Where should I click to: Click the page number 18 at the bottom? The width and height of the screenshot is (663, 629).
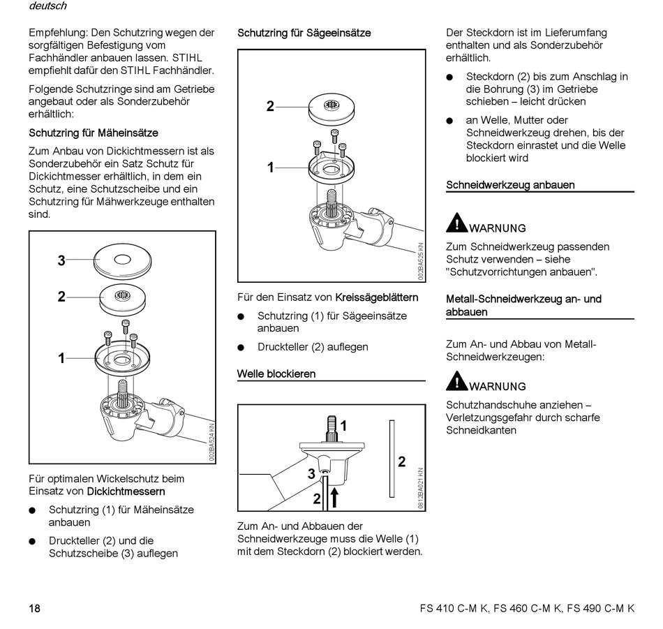coord(34,608)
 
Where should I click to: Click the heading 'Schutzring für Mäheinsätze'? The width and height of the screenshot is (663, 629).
coord(94,133)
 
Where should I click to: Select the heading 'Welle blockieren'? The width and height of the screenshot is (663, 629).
coord(276,374)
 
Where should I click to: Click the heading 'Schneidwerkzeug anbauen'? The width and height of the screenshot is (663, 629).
coord(510,185)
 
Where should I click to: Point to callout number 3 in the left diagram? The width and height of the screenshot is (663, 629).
coord(61,261)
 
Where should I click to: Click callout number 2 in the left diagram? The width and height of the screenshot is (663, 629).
coord(61,297)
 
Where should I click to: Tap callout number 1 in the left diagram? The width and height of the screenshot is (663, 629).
coord(61,358)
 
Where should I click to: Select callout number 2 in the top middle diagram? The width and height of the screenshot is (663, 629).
coord(270,107)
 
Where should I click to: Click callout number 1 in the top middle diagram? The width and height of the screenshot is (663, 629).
coord(270,168)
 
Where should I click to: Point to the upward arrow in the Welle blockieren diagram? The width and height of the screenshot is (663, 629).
coord(335,496)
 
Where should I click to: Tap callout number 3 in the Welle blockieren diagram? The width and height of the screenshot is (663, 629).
coord(311,474)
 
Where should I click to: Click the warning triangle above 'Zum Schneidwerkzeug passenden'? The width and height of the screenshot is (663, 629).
coord(456,222)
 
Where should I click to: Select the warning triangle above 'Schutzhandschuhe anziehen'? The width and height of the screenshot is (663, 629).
coord(456,380)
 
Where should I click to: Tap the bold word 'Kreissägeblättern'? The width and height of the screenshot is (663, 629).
coord(377,297)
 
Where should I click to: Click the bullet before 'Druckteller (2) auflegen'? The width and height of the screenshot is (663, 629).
coord(241,347)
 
